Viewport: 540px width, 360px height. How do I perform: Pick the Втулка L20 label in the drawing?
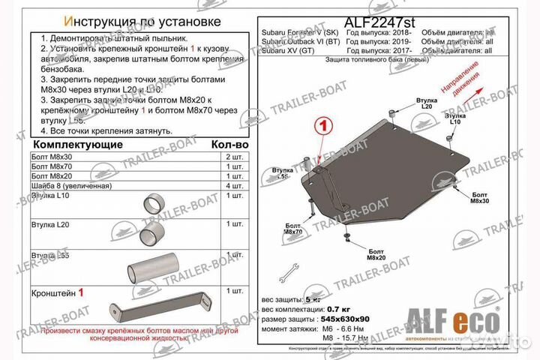click(x=427, y=103)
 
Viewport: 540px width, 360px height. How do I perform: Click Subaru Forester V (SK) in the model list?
click(x=298, y=34)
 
